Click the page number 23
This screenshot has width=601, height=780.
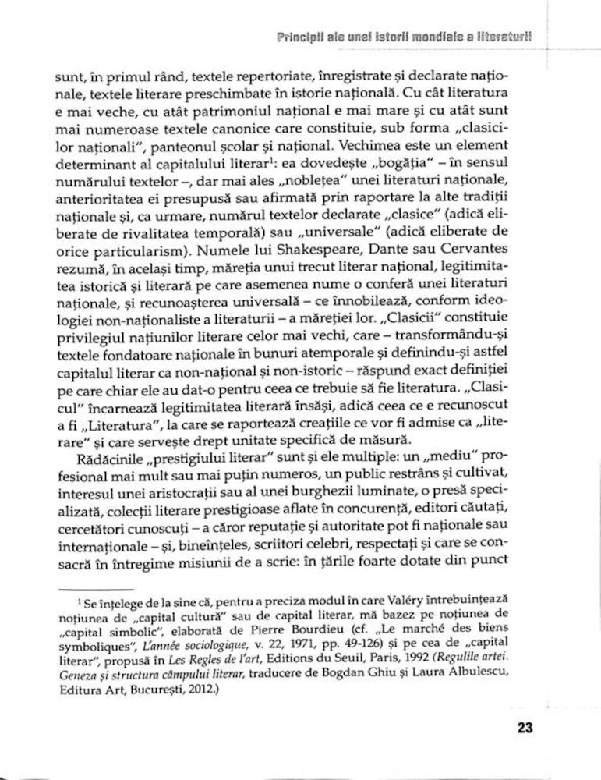(x=524, y=729)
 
